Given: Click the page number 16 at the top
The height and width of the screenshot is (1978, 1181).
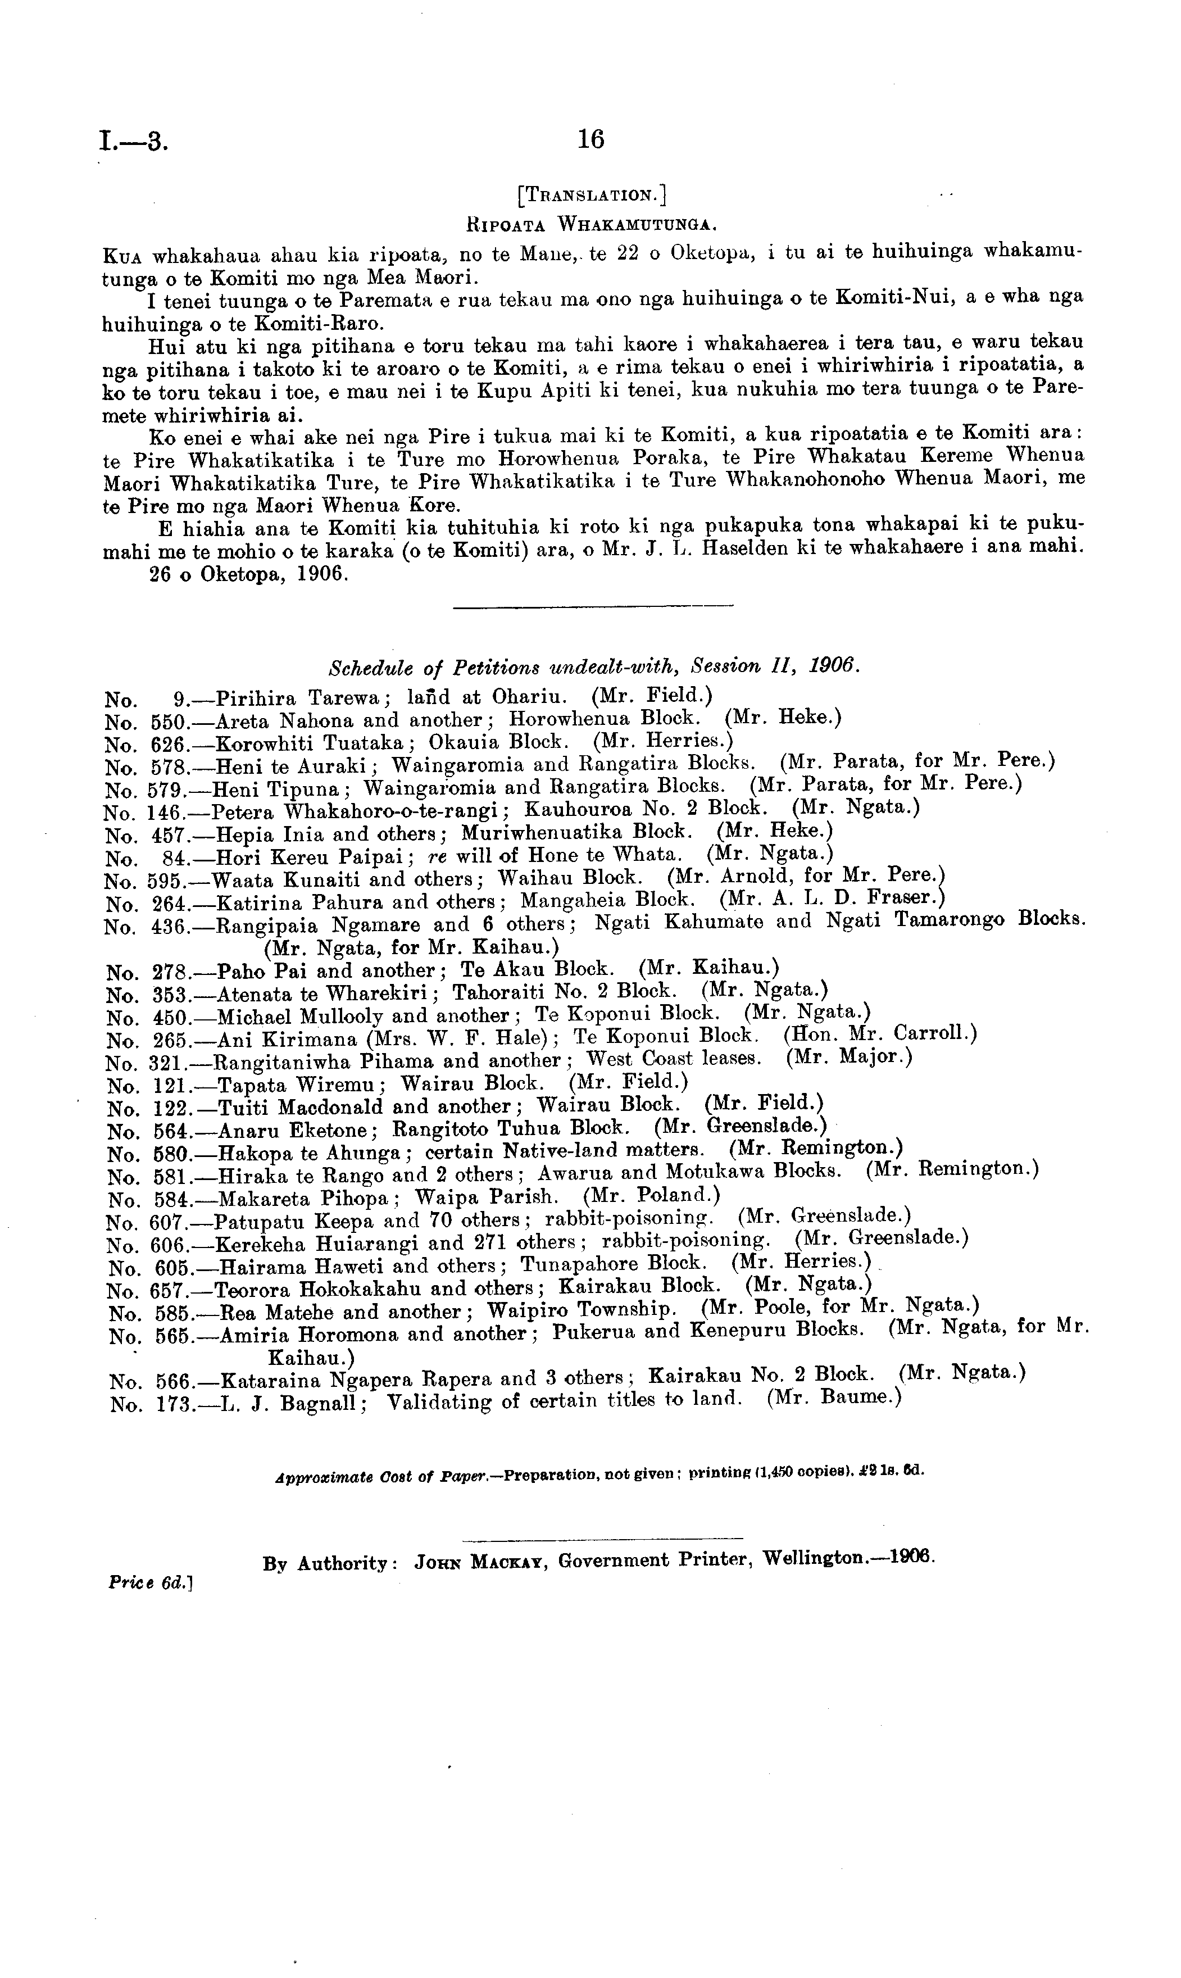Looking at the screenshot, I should (x=590, y=140).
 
